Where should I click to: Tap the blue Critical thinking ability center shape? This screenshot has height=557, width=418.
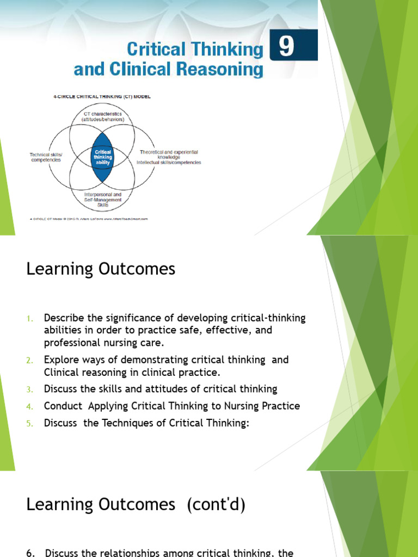103,157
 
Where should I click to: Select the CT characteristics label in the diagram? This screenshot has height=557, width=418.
102,116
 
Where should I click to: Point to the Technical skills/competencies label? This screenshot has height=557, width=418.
45,157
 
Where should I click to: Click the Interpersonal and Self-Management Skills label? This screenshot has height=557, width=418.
103,200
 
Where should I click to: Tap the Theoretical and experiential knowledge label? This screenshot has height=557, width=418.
169,154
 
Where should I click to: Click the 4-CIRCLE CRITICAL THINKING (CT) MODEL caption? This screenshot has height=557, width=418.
90,97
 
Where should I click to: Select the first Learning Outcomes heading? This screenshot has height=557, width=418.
101,269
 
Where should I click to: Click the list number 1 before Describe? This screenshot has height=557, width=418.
30,318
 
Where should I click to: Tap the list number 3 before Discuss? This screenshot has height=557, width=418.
30,389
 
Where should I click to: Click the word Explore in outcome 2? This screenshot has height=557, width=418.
62,360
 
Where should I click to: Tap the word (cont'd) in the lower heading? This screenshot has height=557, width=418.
216,505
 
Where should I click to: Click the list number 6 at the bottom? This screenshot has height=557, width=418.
29,553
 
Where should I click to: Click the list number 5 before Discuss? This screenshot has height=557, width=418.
30,423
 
